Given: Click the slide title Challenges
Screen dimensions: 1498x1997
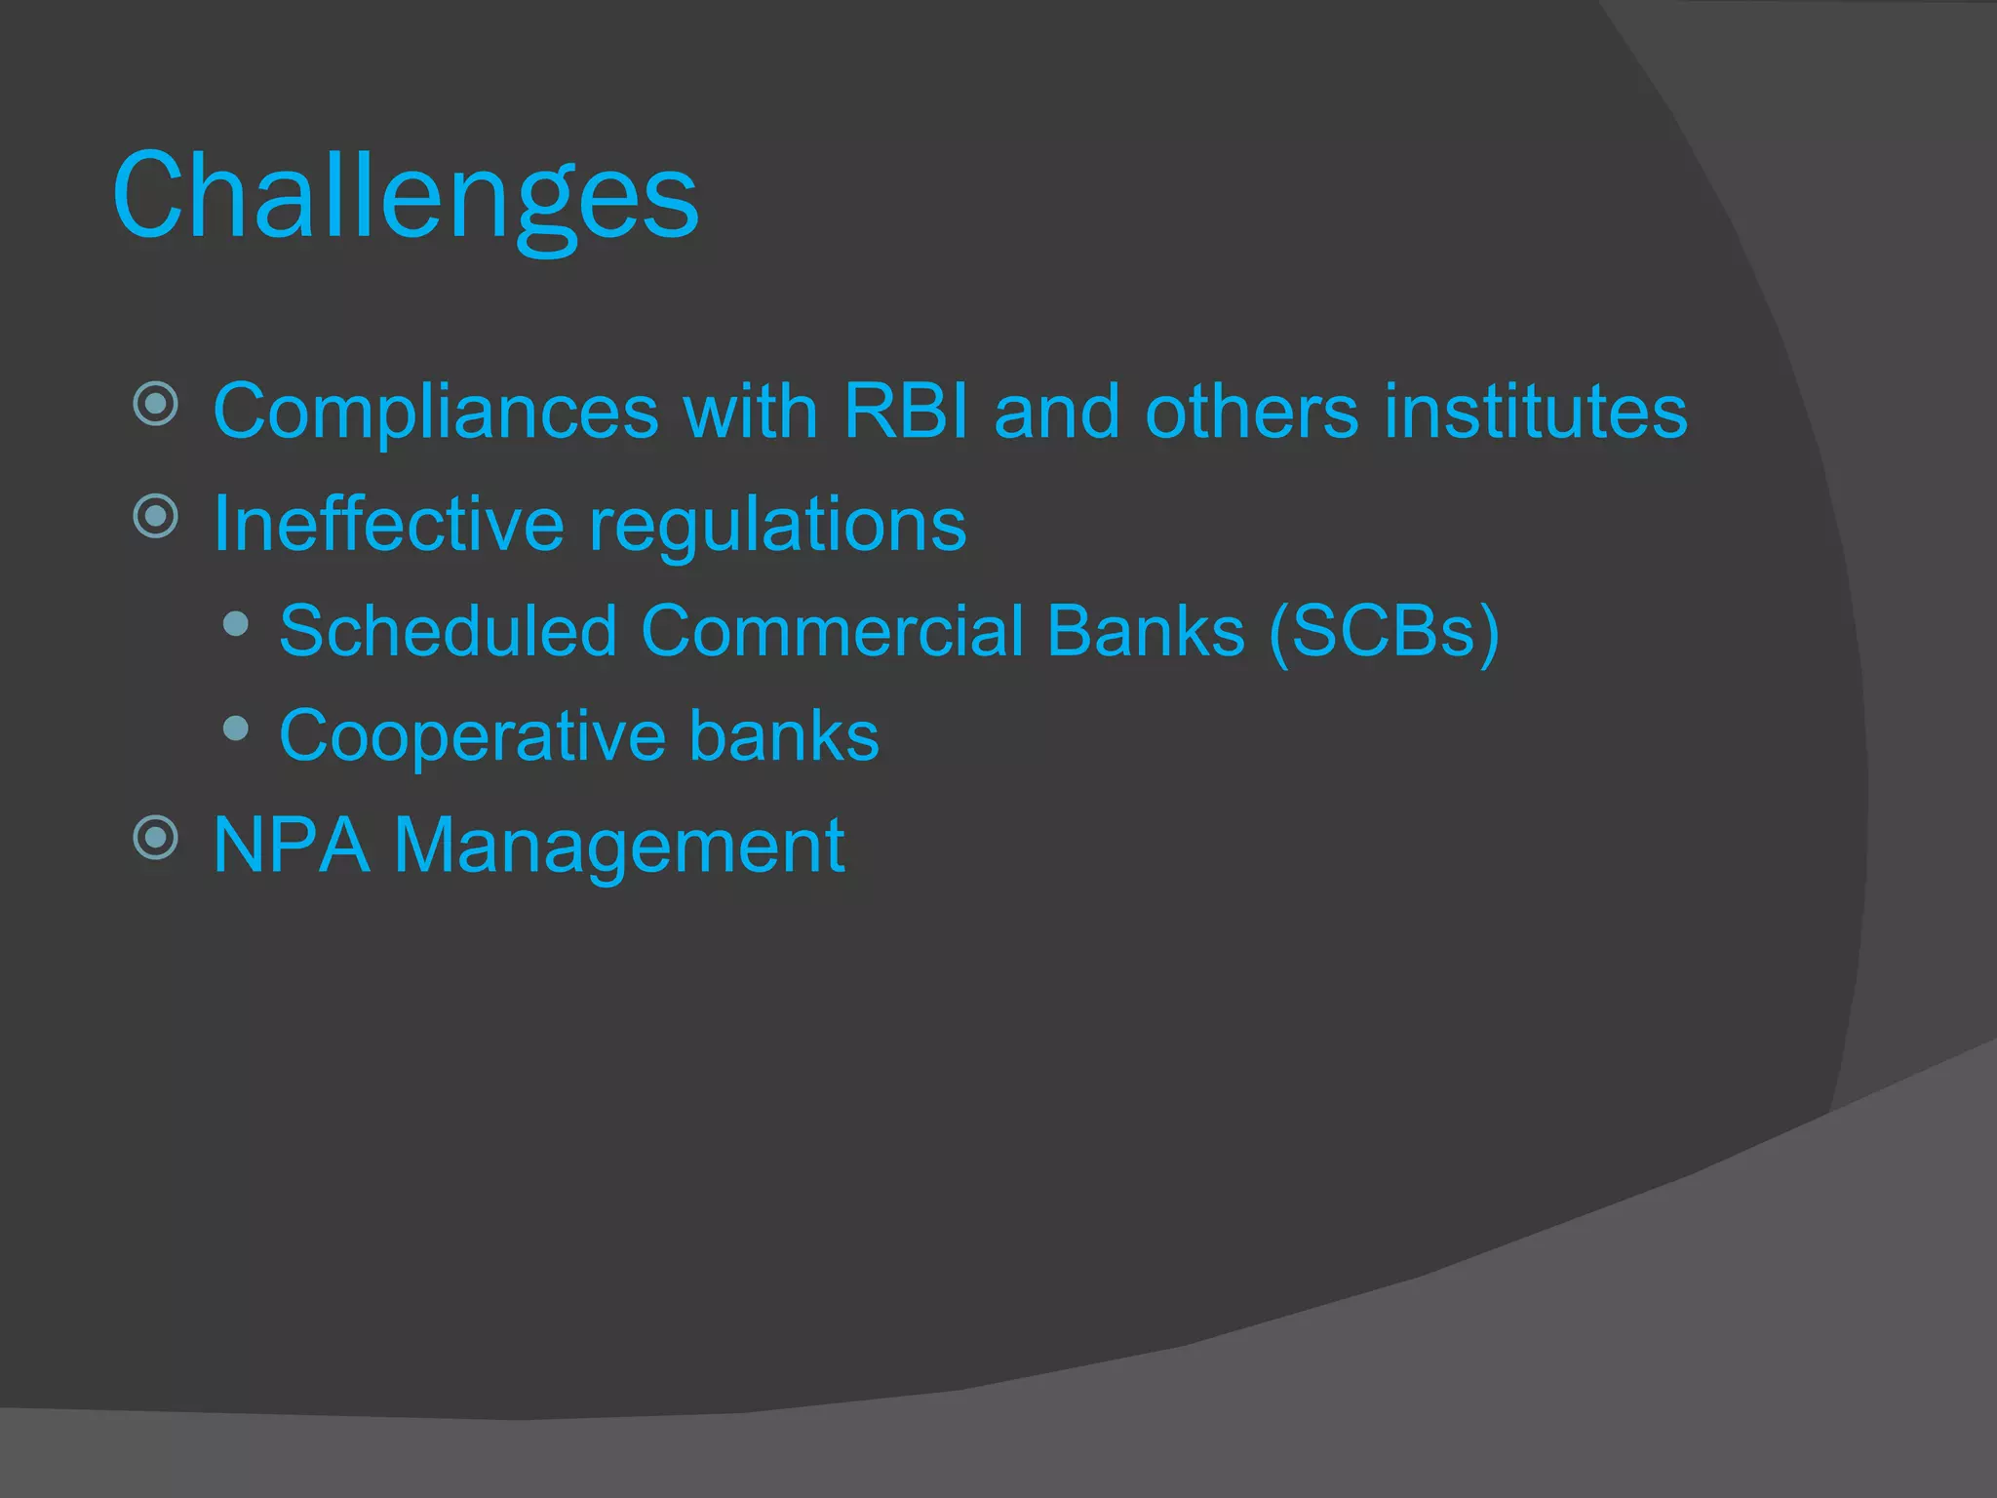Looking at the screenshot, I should coord(406,198).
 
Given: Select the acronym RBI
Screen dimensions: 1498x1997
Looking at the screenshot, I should coord(906,412).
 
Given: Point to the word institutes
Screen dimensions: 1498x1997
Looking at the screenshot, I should coord(1536,412).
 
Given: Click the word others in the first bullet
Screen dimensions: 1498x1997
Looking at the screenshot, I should coord(1251,412).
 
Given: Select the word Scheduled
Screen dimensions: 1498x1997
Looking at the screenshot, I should coord(448,631).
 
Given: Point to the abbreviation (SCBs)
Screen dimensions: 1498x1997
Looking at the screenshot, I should coord(1385,633).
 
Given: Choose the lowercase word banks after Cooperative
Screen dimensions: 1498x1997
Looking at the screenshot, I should coord(784,735).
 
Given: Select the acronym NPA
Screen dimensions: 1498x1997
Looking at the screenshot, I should coord(291,845).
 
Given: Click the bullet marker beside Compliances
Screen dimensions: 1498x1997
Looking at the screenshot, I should coord(156,404).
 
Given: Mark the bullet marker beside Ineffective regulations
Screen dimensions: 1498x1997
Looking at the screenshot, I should coord(156,516).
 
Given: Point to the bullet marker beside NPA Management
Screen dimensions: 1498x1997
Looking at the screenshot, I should coord(156,837).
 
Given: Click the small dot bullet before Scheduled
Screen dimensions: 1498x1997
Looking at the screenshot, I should coord(235,623).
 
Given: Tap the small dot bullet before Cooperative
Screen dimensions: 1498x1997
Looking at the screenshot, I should coord(235,728).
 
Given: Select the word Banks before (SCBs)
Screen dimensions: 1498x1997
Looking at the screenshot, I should coord(1146,631).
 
